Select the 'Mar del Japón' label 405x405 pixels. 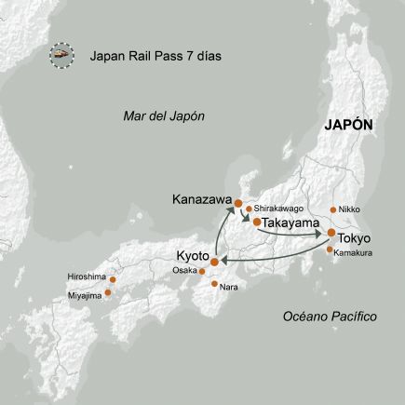(163, 115)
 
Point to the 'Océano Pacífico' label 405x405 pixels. (330, 317)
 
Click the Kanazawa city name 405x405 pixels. (200, 199)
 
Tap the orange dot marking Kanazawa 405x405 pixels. (238, 203)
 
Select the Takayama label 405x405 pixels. (296, 224)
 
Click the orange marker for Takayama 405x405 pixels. (256, 223)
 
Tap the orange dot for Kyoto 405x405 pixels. (216, 262)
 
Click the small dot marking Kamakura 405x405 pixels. (326, 249)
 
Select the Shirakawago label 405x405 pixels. (277, 209)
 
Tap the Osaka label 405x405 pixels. (184, 271)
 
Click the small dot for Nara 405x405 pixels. (215, 283)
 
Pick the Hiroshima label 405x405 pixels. (86, 277)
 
